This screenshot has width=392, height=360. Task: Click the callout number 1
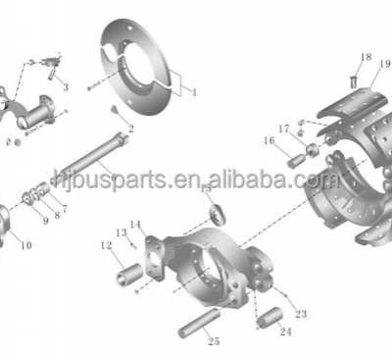click(x=193, y=91)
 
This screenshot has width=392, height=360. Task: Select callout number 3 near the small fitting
click(x=65, y=87)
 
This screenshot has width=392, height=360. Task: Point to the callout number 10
click(x=24, y=244)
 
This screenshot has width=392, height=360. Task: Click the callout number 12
click(x=105, y=246)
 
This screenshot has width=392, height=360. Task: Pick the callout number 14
click(x=134, y=225)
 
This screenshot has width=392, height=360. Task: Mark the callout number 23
click(x=301, y=314)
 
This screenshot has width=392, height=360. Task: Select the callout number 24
click(x=285, y=332)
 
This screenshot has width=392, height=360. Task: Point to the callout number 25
click(x=213, y=341)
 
